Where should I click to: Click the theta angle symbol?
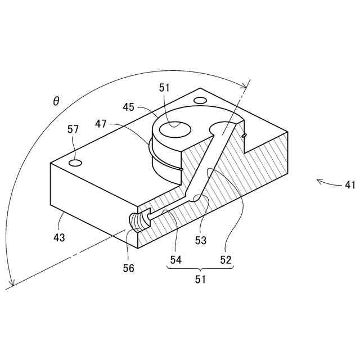coord(56,101)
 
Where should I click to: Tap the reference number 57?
coord(73,129)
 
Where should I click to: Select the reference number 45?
coord(129,107)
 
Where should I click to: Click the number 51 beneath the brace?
coord(200,278)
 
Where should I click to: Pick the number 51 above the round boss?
coord(164,88)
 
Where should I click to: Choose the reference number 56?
coord(129,268)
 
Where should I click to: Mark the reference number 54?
coord(176,260)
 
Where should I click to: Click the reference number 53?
coord(200,241)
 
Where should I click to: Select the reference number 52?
coord(226,260)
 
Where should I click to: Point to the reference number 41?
coord(349,184)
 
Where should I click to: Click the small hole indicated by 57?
coord(75,163)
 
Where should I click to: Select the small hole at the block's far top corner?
coord(200,101)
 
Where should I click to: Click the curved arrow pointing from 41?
coord(326,182)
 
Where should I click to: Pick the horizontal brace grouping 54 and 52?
coord(200,268)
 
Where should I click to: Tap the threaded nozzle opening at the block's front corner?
coord(138,220)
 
